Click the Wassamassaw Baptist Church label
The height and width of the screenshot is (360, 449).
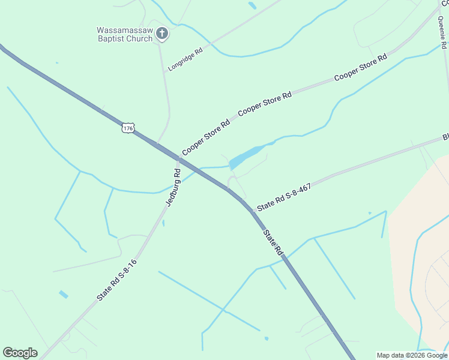point(124,34)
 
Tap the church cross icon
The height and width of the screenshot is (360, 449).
point(161,34)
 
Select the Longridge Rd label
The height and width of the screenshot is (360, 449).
point(185,60)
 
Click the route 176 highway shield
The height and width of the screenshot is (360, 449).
point(127,128)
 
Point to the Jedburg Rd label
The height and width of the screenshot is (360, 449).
point(173,187)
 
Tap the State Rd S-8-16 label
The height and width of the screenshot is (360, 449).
point(117,280)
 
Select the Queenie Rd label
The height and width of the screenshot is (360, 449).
point(443,32)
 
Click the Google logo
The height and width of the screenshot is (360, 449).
point(20,353)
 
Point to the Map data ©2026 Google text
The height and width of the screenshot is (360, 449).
point(411,355)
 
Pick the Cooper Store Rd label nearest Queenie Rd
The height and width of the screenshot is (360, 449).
point(360,68)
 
